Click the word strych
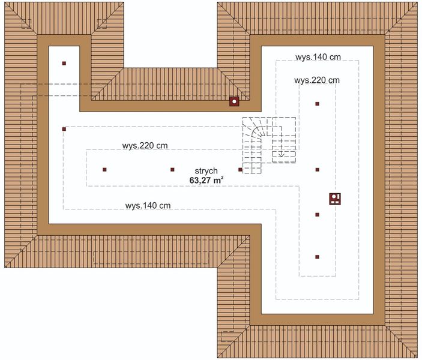click(x=205, y=170)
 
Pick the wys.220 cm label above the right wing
click(x=317, y=80)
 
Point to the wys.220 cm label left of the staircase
click(x=145, y=146)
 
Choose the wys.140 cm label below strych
click(x=148, y=205)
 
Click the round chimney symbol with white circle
click(x=234, y=101)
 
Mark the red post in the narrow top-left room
click(x=64, y=63)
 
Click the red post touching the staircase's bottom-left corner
click(x=241, y=170)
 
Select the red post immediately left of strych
click(x=172, y=170)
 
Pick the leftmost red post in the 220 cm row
click(x=104, y=170)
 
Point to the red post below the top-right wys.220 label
click(x=317, y=104)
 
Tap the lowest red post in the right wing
click(x=317, y=257)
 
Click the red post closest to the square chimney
click(x=317, y=214)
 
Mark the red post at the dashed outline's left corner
click(x=64, y=128)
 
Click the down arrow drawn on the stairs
click(x=281, y=152)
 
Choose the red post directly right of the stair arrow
click(x=317, y=170)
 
